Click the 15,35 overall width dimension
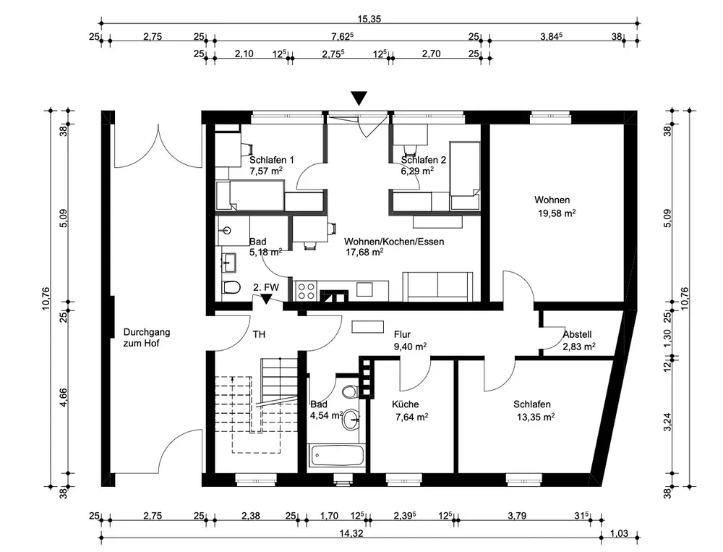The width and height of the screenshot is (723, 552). [x=369, y=19]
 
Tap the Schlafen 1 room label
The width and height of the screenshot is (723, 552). [x=272, y=160]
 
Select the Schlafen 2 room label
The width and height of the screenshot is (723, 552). [x=423, y=160]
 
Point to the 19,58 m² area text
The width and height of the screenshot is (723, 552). [x=557, y=213]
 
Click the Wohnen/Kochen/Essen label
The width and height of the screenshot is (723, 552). [x=394, y=242]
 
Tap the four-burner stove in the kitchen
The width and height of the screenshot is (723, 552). [x=306, y=291]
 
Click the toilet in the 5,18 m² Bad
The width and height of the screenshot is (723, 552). [x=231, y=287]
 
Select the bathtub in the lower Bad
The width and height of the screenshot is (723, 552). [x=338, y=456]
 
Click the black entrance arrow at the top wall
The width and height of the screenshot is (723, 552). [x=359, y=98]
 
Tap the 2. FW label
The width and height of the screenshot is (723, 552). [x=266, y=287]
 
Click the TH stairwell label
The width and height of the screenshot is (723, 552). [x=259, y=334]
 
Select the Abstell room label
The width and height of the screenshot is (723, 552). [x=577, y=335]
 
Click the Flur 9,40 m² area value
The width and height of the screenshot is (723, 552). [x=410, y=347]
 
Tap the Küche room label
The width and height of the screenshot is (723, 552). [x=406, y=404]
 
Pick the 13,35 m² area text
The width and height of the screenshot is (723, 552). [x=536, y=417]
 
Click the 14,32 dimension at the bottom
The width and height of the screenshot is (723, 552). [x=351, y=533]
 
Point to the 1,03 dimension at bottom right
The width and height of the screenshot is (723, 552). [x=620, y=533]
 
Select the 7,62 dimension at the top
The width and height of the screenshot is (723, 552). [x=342, y=36]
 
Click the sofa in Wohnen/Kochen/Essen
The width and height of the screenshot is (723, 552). [x=437, y=286]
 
